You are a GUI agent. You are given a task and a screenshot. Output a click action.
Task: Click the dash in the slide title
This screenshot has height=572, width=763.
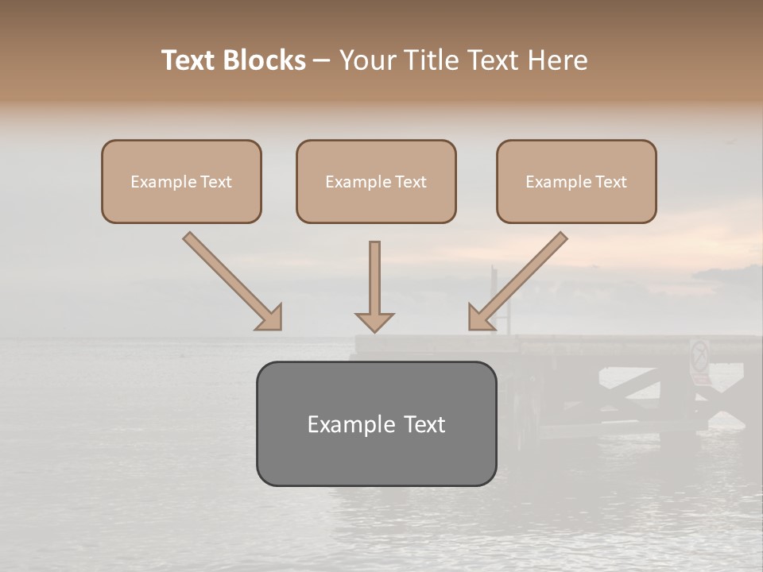coord(322,61)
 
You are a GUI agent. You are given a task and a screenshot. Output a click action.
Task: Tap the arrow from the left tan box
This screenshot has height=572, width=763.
coord(233,281)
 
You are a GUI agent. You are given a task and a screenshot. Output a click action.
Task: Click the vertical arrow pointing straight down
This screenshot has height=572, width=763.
coord(374,286)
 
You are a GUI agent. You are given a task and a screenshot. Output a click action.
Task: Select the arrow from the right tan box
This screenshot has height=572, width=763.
coord(517,281)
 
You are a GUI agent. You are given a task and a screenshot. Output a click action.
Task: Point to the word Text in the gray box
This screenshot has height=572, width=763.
coord(421,424)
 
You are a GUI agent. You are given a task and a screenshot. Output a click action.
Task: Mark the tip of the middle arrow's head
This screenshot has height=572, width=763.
coord(374,331)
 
